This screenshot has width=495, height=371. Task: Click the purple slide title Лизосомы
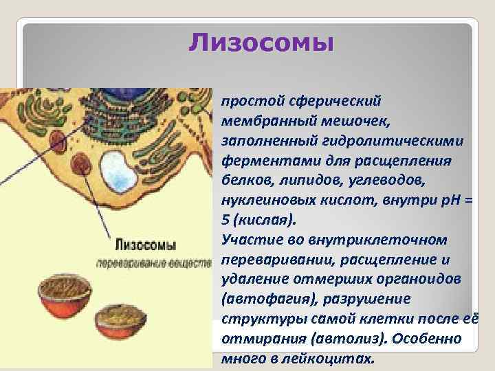[x=261, y=43]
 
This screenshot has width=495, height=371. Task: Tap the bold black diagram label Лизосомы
[x=144, y=245]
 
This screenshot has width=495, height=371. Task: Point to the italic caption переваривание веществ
[x=153, y=263]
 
